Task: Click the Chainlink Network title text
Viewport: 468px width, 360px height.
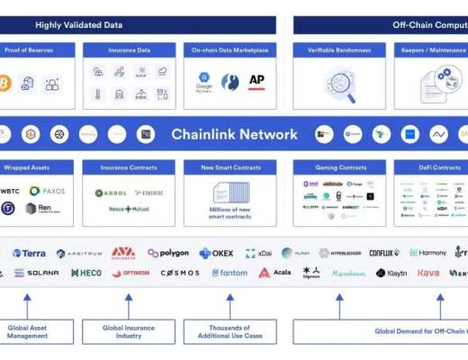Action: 234,135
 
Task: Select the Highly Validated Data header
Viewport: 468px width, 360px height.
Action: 78,24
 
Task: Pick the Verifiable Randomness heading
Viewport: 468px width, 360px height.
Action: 339,50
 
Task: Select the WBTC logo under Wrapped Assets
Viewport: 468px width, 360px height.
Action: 11,191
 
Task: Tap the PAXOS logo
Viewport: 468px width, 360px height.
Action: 48,191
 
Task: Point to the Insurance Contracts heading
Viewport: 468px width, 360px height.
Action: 128,167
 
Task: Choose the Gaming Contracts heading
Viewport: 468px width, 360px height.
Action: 339,167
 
